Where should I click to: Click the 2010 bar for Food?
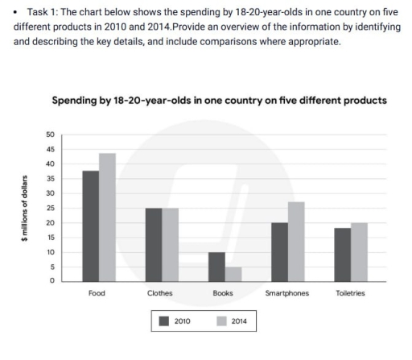pyautogui.click(x=90, y=226)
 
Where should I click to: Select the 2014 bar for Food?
pyautogui.click(x=107, y=217)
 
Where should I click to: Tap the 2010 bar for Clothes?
pyautogui.click(x=154, y=244)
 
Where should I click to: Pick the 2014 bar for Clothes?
pyautogui.click(x=171, y=244)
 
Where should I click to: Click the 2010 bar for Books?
pyautogui.click(x=216, y=267)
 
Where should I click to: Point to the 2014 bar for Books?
pyautogui.click(x=233, y=274)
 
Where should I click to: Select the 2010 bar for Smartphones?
pyautogui.click(x=279, y=251)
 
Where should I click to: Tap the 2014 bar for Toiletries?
pyautogui.click(x=359, y=251)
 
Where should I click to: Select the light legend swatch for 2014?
pyautogui.click(x=222, y=321)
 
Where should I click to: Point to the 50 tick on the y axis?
pyautogui.click(x=50, y=134)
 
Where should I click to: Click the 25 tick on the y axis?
pyautogui.click(x=50, y=208)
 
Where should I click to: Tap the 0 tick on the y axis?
pyautogui.click(x=51, y=281)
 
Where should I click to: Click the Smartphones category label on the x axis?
pyautogui.click(x=286, y=293)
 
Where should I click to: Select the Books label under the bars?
pyautogui.click(x=223, y=293)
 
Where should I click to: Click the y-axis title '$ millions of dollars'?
pyautogui.click(x=25, y=208)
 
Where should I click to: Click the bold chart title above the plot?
pyautogui.click(x=219, y=101)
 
